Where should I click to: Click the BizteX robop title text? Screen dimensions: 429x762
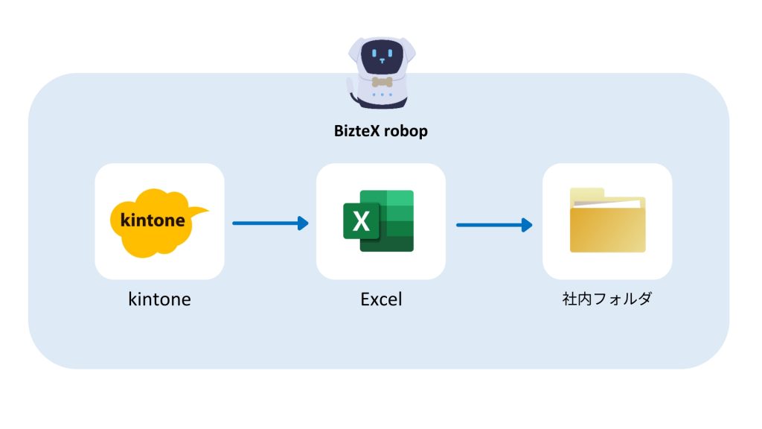click(380, 132)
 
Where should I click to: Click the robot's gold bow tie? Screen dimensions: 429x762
click(381, 82)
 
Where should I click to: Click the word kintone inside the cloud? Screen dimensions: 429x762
click(152, 221)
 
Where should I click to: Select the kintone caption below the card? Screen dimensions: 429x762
click(159, 299)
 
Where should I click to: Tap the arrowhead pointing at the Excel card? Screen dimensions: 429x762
click(303, 223)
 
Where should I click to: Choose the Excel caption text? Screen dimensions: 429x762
click(381, 299)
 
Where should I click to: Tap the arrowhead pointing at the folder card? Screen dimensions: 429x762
click(527, 224)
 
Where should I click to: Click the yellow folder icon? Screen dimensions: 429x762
click(607, 223)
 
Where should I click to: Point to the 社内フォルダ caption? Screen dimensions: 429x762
click(607, 300)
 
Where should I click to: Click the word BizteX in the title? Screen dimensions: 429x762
click(357, 132)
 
